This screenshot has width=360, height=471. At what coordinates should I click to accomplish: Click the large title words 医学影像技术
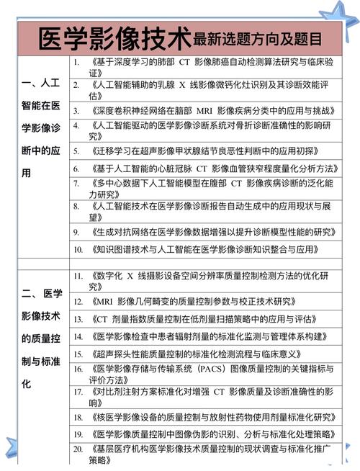[114, 36]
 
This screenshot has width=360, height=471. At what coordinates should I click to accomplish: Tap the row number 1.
[76, 63]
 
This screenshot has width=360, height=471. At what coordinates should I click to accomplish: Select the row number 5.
[76, 151]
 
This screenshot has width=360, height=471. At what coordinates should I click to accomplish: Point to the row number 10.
[78, 250]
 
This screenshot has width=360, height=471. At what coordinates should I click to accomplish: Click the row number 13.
[78, 318]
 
